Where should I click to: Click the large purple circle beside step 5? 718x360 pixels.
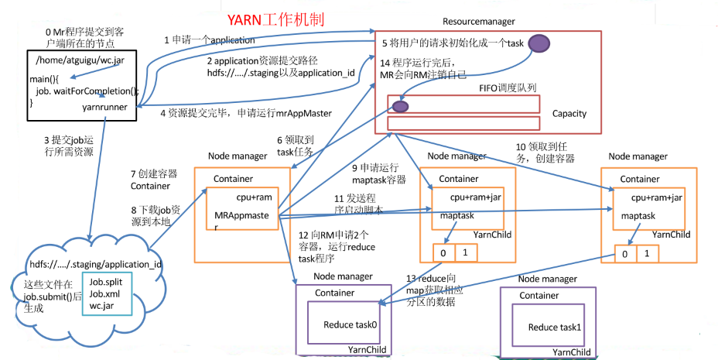pos(539,45)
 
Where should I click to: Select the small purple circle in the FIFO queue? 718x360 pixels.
pos(400,106)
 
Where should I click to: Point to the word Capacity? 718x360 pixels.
pos(569,114)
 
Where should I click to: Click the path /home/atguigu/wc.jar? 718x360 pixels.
pos(74,60)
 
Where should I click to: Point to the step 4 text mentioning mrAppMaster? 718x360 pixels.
pos(245,113)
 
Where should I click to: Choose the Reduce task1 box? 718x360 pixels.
pos(552,327)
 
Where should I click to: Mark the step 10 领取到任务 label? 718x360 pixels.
pos(550,152)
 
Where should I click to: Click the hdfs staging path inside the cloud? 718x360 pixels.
pos(95,264)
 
